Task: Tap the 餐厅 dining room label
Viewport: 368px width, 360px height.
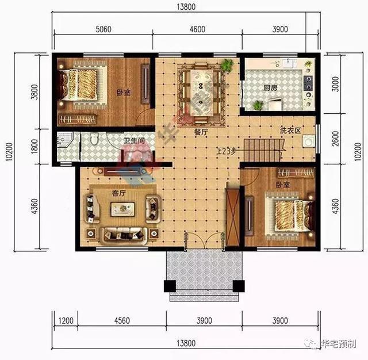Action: tap(201, 131)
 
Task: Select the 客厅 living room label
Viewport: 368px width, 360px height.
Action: tap(120, 193)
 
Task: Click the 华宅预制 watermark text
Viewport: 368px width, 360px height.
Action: tap(340, 344)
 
